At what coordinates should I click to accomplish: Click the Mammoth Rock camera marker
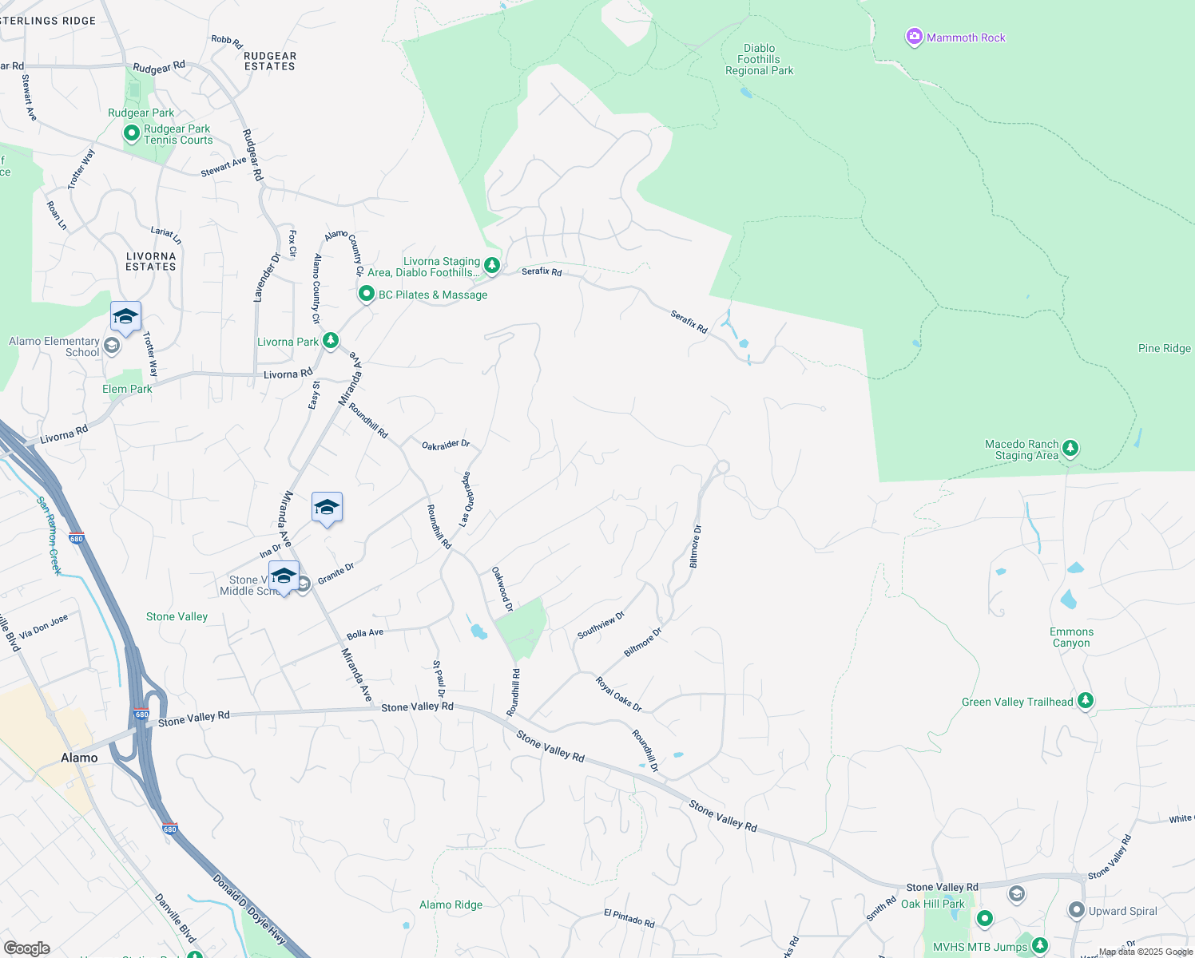click(914, 37)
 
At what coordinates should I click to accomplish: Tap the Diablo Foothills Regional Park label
click(759, 60)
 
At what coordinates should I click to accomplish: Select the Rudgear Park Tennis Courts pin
click(132, 134)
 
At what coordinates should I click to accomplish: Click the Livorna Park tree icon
click(331, 341)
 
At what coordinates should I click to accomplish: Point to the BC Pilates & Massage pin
click(366, 294)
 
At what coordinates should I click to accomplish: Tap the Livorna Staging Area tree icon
click(493, 264)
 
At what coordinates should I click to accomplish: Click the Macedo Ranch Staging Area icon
click(1070, 449)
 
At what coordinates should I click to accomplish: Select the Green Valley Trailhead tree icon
click(1085, 701)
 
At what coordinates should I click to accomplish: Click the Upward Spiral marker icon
click(1076, 910)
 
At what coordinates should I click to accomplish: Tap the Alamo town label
click(79, 758)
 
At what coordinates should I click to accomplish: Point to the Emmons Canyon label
click(1071, 637)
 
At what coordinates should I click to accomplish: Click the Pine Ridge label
click(1164, 348)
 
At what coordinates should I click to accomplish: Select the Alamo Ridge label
click(451, 905)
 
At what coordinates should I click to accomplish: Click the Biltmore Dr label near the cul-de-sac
click(695, 546)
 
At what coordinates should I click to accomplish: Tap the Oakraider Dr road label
click(446, 445)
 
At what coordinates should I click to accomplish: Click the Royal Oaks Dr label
click(618, 694)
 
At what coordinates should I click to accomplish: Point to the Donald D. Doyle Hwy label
click(248, 909)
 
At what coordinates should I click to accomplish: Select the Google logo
click(26, 948)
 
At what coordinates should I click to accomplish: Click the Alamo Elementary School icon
click(112, 346)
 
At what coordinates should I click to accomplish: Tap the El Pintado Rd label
click(629, 918)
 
